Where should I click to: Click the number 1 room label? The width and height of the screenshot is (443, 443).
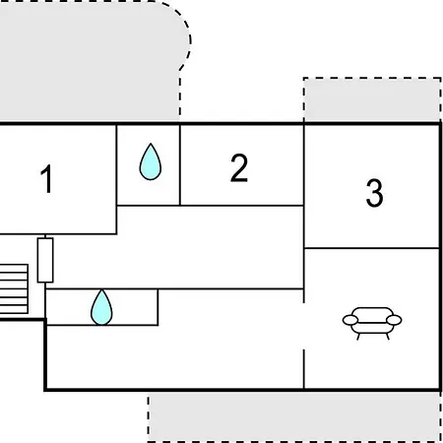tap(47, 179)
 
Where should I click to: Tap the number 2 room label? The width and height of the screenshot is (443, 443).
tap(239, 167)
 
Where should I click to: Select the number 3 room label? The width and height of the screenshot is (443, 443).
tap(374, 193)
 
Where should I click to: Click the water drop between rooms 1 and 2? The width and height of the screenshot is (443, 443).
tap(151, 161)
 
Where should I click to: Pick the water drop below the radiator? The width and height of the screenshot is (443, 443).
tap(101, 307)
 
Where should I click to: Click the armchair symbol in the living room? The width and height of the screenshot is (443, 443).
tap(372, 323)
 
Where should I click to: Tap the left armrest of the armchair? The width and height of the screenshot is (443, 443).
tap(350, 320)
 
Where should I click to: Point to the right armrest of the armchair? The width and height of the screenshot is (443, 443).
tap(394, 320)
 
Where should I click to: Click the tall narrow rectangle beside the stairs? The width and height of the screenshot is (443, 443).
tap(45, 260)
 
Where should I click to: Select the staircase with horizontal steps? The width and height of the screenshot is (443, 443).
tap(14, 288)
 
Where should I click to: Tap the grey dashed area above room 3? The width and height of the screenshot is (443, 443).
tap(372, 99)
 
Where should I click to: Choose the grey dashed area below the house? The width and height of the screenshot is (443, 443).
tap(294, 416)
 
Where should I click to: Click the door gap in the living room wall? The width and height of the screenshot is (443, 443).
tap(304, 326)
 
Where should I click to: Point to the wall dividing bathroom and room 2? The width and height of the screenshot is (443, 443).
tap(180, 164)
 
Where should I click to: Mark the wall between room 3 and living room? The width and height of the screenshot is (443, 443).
tap(372, 248)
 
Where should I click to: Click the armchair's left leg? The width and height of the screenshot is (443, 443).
tap(358, 337)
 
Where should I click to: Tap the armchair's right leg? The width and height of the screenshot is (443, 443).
tap(388, 337)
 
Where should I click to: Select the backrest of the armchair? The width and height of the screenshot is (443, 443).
tap(372, 312)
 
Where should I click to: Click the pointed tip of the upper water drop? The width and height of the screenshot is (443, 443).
tap(151, 144)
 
